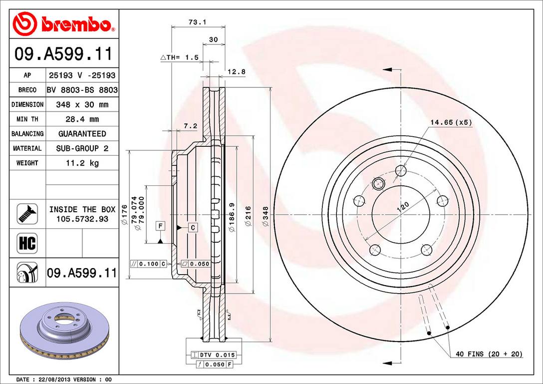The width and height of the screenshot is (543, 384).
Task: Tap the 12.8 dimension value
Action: point(237,71)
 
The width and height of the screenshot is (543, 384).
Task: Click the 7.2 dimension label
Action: point(190,126)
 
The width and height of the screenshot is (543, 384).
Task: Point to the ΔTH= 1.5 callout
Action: point(179,57)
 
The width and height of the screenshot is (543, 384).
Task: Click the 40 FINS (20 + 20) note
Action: point(489,354)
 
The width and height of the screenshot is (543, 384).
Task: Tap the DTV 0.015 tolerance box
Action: point(217,355)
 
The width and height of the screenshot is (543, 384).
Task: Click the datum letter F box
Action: point(160,226)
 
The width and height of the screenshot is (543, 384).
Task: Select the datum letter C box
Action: point(193,227)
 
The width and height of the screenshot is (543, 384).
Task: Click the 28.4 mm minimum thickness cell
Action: point(82,119)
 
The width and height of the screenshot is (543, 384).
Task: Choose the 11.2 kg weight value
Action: point(82,163)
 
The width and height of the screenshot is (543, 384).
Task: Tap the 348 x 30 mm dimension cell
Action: point(82,105)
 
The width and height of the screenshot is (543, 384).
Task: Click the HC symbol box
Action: point(27,244)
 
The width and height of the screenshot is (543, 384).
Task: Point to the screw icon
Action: point(27,214)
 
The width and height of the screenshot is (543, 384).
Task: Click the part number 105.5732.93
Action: point(82,219)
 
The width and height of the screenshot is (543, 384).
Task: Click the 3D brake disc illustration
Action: point(64,332)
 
